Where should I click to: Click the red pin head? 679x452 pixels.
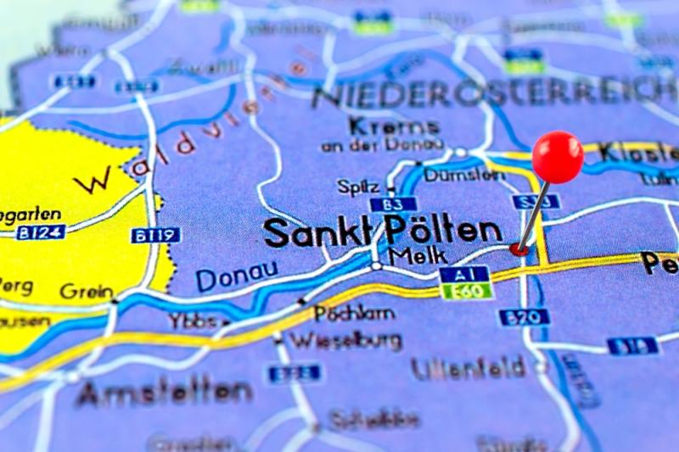[558, 157]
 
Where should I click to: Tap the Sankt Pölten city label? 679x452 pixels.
[382, 232]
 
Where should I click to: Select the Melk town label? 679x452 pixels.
[412, 255]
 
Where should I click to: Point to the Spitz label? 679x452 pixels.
[358, 186]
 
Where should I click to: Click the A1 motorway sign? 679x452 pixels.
[464, 274]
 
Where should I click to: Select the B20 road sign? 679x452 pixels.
[524, 317]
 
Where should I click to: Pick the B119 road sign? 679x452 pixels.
[155, 235]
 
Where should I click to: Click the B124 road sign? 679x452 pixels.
[40, 232]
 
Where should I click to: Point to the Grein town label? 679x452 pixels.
[87, 291]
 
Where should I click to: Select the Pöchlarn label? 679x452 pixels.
[354, 313]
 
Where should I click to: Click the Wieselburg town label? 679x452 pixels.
[345, 341]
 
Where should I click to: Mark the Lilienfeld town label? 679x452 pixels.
[469, 368]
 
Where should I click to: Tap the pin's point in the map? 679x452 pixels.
[518, 248]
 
